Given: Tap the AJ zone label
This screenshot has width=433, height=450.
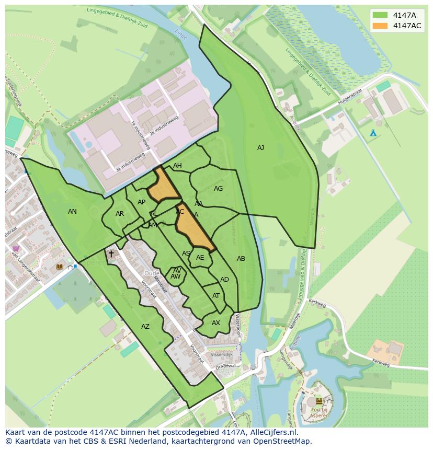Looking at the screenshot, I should click(260, 148).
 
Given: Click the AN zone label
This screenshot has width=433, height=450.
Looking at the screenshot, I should click(73, 212).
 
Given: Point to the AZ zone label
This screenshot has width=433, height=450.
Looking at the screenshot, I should click(145, 327).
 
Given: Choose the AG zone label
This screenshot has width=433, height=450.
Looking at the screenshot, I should click(219, 189).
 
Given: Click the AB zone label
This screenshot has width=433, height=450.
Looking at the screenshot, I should click(241, 259).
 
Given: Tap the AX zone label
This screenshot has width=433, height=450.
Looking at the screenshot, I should click(216, 323).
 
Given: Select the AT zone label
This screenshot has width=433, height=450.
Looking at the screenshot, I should click(216, 296).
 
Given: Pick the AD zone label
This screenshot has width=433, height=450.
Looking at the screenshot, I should click(224, 280).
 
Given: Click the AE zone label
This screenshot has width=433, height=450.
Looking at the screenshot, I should click(200, 258).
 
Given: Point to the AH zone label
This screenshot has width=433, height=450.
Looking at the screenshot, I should click(177, 166).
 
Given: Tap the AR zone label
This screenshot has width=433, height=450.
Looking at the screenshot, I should click(120, 214).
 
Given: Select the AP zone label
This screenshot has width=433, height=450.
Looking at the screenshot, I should click(141, 202).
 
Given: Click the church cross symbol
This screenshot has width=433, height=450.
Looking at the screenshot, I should click(111, 254).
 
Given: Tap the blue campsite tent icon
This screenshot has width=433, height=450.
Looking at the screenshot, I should click(373, 133).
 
